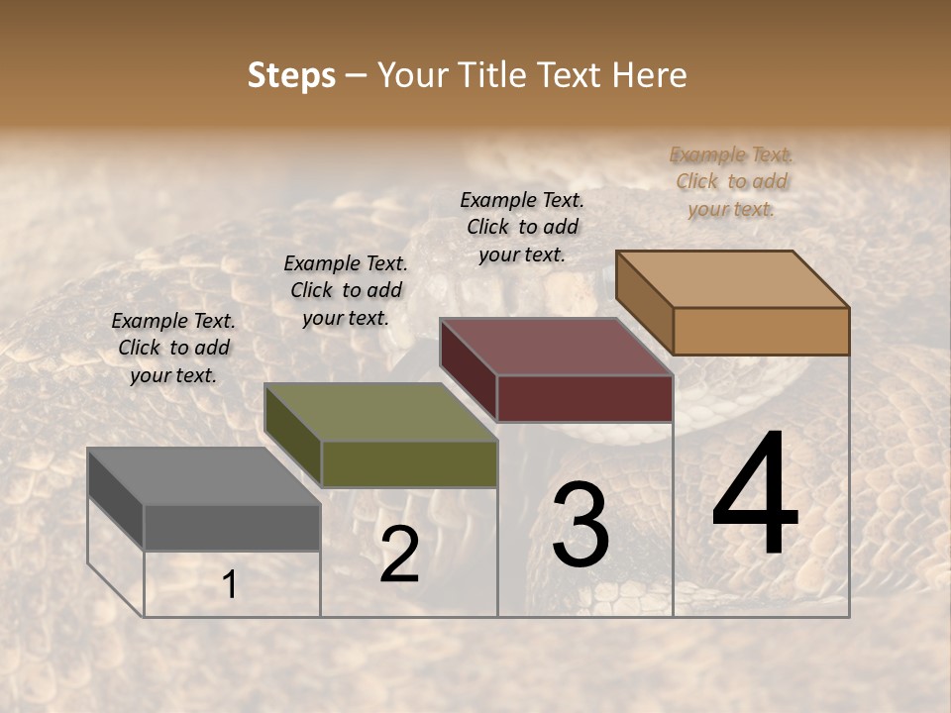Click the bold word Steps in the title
point(291,75)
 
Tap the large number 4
point(755,496)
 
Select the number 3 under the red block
point(581,526)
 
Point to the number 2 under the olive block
point(400,555)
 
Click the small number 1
point(230,585)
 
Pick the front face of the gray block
point(232,527)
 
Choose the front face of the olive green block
point(409,463)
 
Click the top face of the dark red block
point(556,347)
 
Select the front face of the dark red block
point(584,398)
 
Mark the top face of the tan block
point(732,278)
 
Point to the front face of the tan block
point(761,331)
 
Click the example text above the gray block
point(173,348)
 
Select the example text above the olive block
point(345,290)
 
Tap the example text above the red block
point(522,227)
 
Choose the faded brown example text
point(731,181)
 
